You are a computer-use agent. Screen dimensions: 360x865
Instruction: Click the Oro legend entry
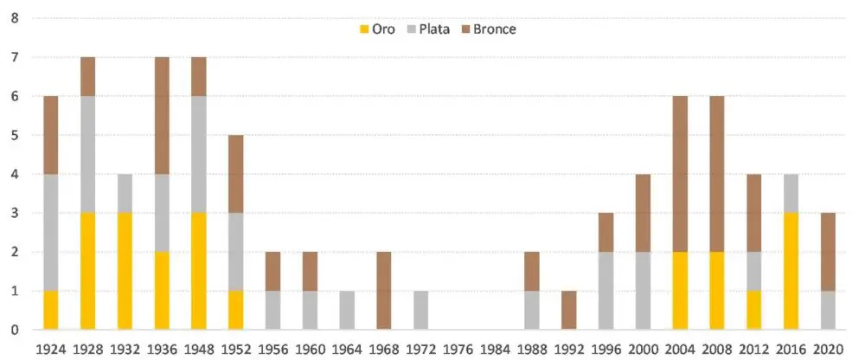click(379, 29)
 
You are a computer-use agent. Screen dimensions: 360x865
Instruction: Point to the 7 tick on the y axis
click(14, 57)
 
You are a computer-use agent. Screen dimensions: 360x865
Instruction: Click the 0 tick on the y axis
click(14, 330)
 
